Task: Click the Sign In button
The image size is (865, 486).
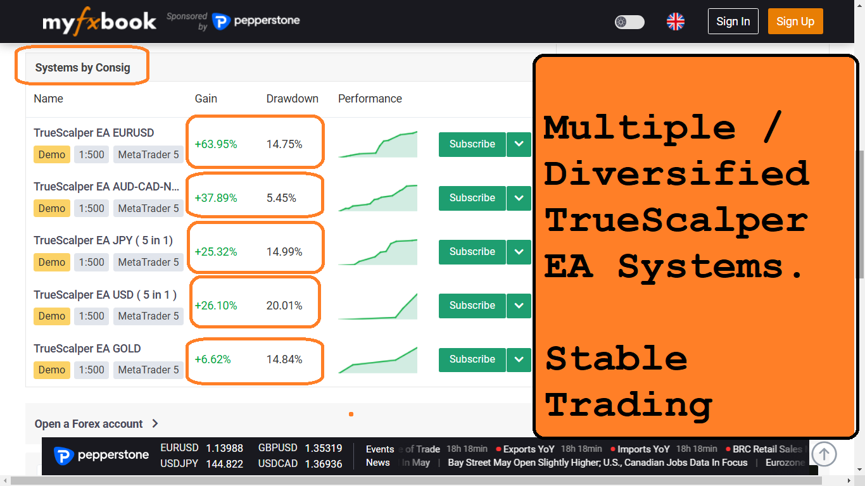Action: pyautogui.click(x=733, y=22)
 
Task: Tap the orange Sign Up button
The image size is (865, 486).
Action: pyautogui.click(x=795, y=22)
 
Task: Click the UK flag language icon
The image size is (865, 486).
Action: pyautogui.click(x=676, y=22)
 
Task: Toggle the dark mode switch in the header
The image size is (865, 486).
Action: pyautogui.click(x=629, y=22)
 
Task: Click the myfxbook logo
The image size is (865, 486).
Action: pyautogui.click(x=99, y=22)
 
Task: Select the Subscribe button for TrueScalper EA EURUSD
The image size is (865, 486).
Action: pyautogui.click(x=472, y=144)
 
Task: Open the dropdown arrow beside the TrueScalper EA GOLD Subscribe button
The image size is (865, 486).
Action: pyautogui.click(x=519, y=359)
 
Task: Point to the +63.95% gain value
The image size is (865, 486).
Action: pyautogui.click(x=216, y=144)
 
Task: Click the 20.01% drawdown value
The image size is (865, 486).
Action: pyautogui.click(x=284, y=306)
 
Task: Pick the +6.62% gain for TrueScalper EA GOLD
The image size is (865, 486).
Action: pyautogui.click(x=213, y=359)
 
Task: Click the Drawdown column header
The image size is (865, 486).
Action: pyautogui.click(x=293, y=99)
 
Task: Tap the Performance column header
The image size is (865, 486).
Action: pyautogui.click(x=370, y=99)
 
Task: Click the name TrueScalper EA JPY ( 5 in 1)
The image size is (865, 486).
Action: pyautogui.click(x=103, y=240)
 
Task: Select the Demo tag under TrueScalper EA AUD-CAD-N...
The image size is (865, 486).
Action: pyautogui.click(x=52, y=208)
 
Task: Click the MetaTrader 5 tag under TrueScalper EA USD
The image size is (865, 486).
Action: pyautogui.click(x=148, y=316)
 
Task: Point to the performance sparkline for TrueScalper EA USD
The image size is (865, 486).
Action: pyautogui.click(x=377, y=306)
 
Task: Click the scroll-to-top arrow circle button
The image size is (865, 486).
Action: pyautogui.click(x=824, y=454)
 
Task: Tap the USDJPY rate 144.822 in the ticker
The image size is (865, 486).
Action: pyautogui.click(x=225, y=464)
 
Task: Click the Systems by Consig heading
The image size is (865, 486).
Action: pyautogui.click(x=83, y=68)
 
